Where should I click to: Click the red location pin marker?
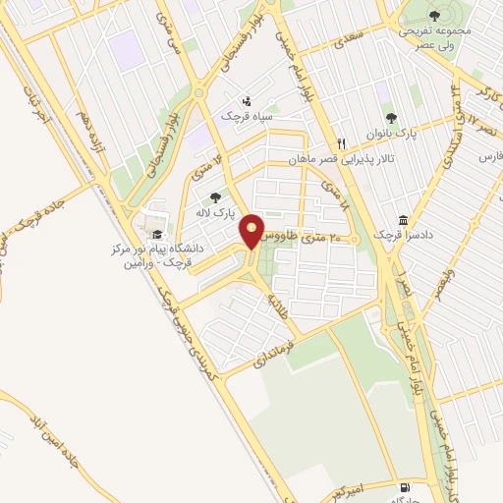pyautogui.click(x=252, y=231)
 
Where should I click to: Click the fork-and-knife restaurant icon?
pyautogui.click(x=342, y=141)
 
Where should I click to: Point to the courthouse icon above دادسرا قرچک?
pyautogui.click(x=404, y=221)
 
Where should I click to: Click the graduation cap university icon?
pyautogui.click(x=157, y=234)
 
